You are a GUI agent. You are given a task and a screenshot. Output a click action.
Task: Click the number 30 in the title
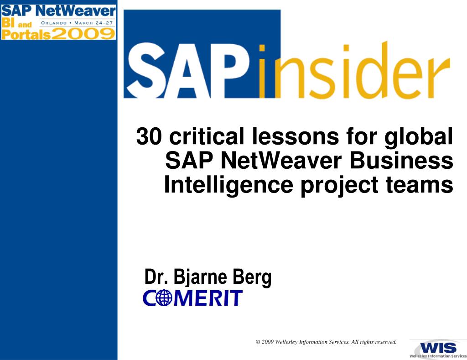click(150, 137)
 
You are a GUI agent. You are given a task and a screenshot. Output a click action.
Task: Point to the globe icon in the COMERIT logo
click(163, 298)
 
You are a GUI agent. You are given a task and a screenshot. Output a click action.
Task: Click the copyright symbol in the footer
click(258, 342)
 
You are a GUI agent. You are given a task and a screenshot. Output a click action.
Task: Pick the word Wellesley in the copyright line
click(286, 342)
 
